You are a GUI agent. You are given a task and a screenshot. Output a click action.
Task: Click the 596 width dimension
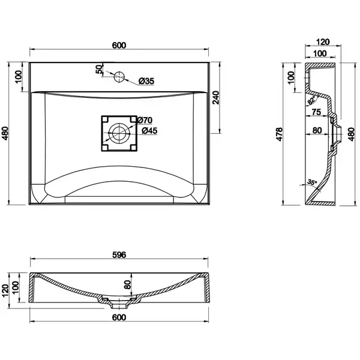pyautogui.click(x=119, y=255)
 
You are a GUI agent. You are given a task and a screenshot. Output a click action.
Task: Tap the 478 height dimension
pyautogui.click(x=279, y=134)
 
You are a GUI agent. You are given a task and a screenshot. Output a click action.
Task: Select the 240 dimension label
pyautogui.click(x=216, y=98)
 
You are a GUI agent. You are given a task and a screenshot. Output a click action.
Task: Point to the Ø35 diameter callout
pyautogui.click(x=146, y=81)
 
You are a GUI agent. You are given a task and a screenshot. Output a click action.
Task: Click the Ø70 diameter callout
pyautogui.click(x=145, y=120)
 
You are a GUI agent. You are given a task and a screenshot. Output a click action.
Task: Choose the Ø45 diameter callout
pyautogui.click(x=149, y=131)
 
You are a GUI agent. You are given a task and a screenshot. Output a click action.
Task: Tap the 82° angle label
pyautogui.click(x=312, y=101)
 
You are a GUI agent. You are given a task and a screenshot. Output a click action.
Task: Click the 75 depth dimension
pyautogui.click(x=316, y=112)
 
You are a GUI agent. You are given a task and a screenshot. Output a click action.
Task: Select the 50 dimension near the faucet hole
pyautogui.click(x=99, y=69)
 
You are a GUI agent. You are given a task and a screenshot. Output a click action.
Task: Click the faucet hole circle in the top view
pyautogui.click(x=119, y=76)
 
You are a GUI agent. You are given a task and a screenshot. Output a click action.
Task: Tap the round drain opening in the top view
pyautogui.click(x=119, y=133)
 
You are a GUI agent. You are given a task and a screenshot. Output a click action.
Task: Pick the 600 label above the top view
pyautogui.click(x=119, y=46)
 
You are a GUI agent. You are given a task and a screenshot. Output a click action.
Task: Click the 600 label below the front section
pyautogui.click(x=119, y=317)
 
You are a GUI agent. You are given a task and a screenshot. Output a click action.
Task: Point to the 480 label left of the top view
pyautogui.click(x=5, y=133)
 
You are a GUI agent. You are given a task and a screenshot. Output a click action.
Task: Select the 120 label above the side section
pyautogui.click(x=323, y=42)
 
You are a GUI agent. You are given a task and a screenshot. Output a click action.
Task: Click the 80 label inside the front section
pyautogui.click(x=127, y=284)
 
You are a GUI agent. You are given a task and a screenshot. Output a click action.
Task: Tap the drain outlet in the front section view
pyautogui.click(x=119, y=305)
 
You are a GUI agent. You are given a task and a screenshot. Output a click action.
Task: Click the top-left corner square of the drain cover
pyautogui.click(x=105, y=119)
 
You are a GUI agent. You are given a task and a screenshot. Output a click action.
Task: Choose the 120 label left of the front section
pyautogui.click(x=5, y=291)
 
